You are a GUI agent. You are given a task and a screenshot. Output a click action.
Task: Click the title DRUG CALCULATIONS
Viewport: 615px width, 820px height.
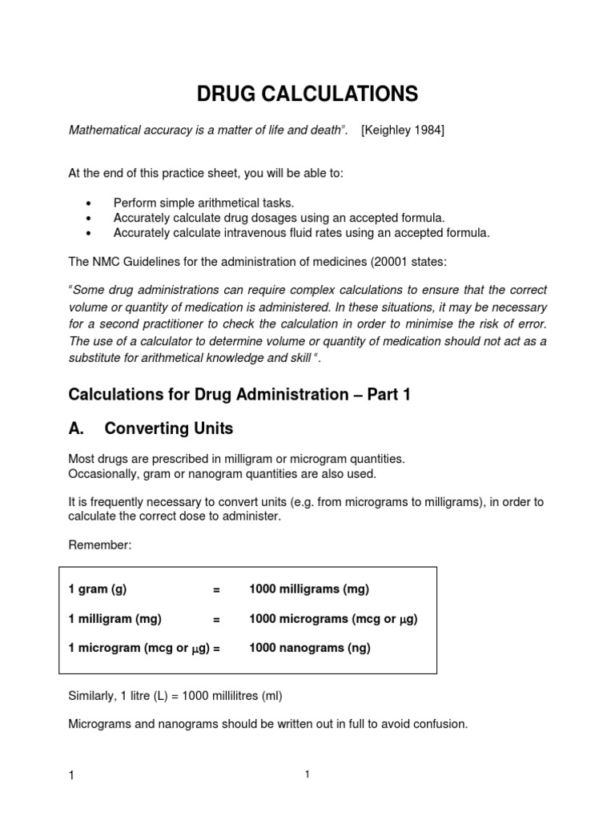point(307,94)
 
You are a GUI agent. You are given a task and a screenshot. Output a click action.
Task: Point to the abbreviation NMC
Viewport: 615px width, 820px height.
point(107,259)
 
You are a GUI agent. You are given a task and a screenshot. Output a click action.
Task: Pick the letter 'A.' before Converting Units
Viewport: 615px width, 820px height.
point(77,428)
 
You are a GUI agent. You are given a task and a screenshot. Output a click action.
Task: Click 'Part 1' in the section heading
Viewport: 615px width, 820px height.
point(389,394)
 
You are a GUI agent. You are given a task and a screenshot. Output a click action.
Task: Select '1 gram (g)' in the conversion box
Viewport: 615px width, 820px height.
point(98,589)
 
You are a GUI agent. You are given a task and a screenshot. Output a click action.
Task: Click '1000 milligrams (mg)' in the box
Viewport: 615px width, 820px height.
point(309,589)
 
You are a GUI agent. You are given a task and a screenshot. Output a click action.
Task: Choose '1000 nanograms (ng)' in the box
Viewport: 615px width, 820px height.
point(310,649)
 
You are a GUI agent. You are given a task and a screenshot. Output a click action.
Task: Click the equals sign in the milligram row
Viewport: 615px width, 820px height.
point(216,619)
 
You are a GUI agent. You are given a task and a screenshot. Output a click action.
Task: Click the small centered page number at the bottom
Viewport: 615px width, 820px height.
point(307,774)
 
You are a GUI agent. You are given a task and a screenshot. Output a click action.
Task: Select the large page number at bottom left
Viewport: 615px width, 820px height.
point(72,777)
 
